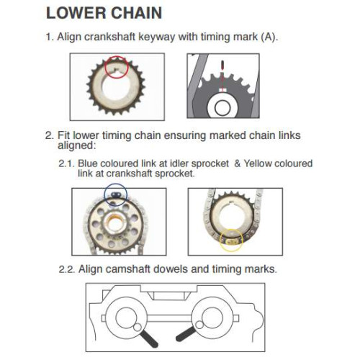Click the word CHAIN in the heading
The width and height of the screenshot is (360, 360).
136,13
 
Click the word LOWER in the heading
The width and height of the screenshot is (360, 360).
76,13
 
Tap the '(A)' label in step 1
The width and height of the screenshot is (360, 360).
269,37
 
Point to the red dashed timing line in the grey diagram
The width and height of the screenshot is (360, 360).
223,76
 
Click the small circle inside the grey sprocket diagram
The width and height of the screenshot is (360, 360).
222,108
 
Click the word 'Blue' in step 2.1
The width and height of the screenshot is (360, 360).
88,163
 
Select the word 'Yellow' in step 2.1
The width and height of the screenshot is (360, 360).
258,163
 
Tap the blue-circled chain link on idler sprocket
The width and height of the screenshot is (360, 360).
116,194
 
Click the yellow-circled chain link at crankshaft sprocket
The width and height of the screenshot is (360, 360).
231,241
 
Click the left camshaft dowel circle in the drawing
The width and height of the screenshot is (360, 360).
138,327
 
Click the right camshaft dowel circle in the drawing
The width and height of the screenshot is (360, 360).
199,325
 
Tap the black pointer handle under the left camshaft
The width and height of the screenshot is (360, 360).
148,338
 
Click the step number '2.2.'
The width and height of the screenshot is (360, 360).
67,269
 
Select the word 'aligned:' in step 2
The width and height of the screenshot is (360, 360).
76,145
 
